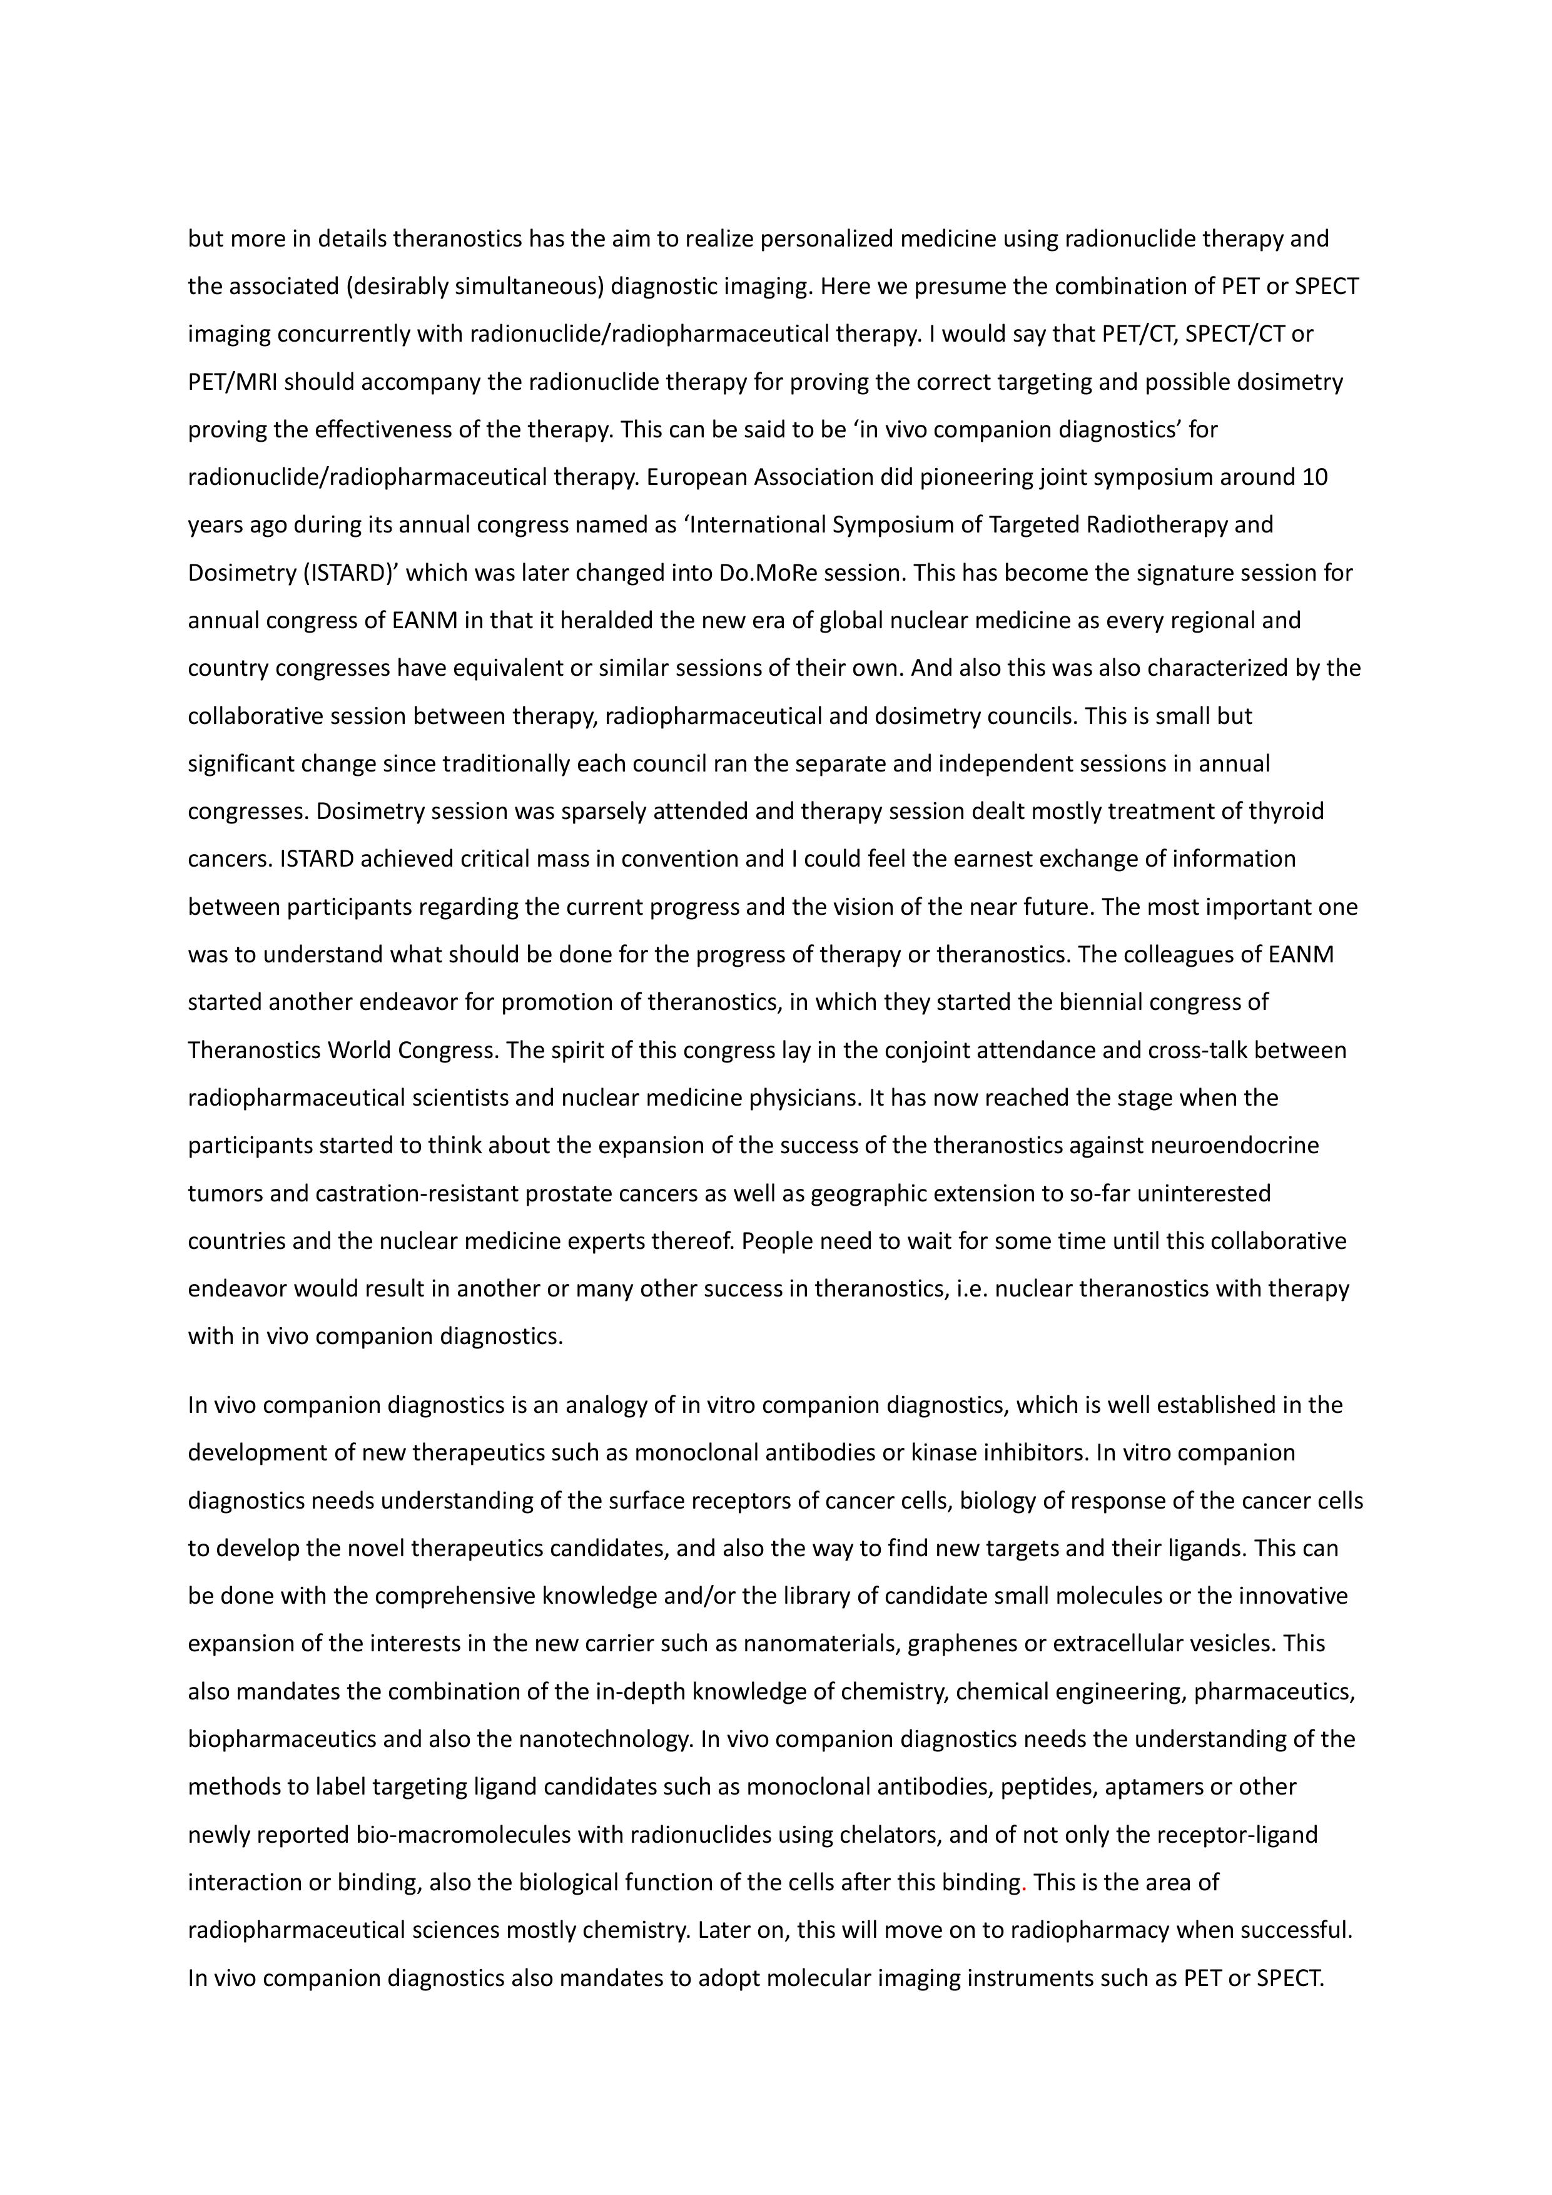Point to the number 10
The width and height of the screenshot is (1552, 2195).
[1315, 477]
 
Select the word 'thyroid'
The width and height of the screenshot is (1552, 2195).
[1286, 812]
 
